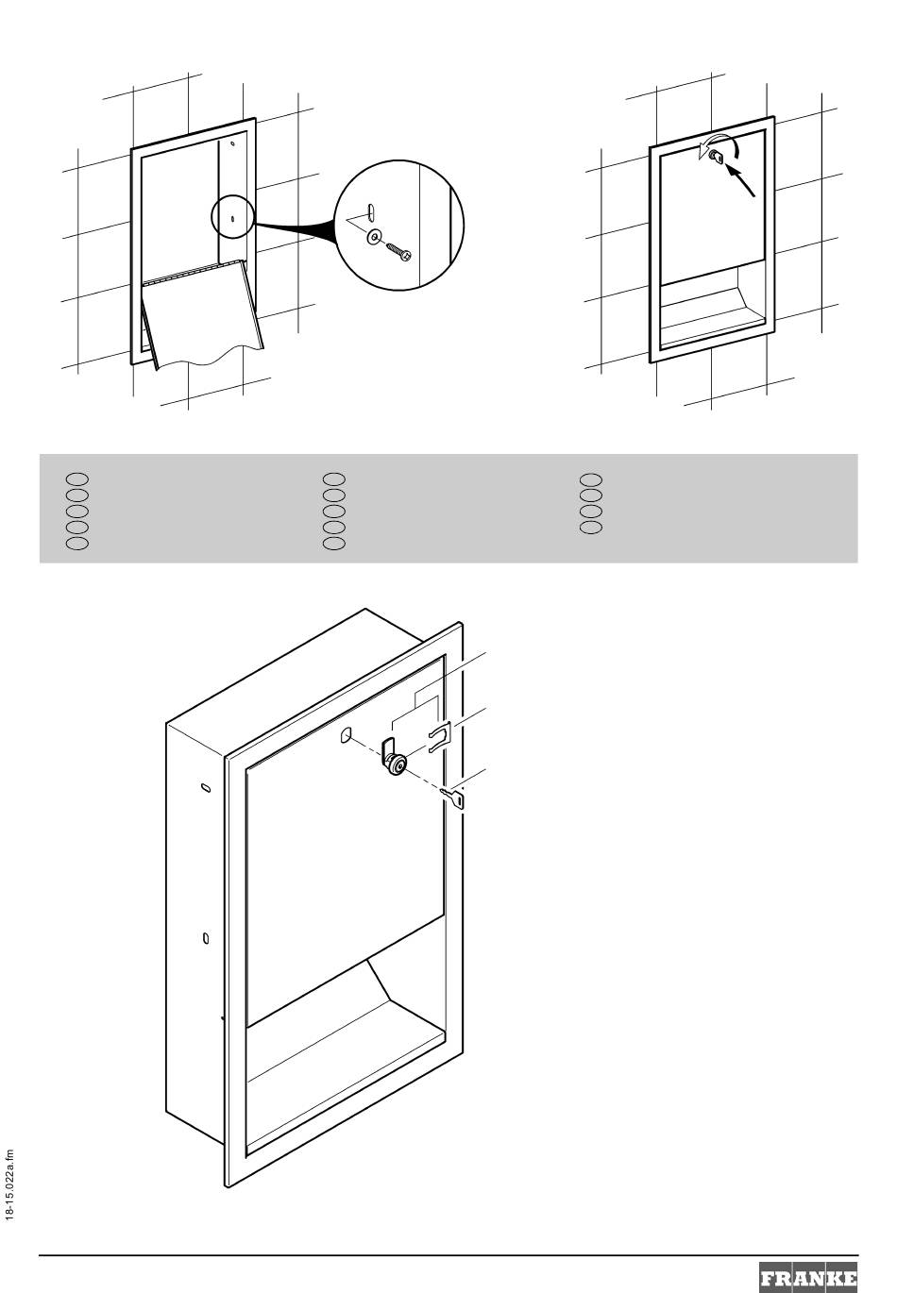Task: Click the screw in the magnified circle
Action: tap(399, 251)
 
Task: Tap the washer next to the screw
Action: tap(374, 236)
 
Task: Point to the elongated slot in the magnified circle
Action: tap(371, 211)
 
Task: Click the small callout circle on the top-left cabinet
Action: tap(232, 217)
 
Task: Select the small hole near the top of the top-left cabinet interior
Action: tap(232, 143)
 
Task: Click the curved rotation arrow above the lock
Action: tap(719, 143)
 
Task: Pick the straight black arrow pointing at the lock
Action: tap(740, 180)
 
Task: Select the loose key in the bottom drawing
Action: tap(452, 798)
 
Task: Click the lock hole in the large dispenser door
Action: tap(346, 735)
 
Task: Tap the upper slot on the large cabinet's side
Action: tap(206, 787)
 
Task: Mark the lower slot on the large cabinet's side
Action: tap(206, 938)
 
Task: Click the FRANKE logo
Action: tap(808, 1277)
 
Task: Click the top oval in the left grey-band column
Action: tap(76, 479)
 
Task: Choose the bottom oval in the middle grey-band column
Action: tap(334, 544)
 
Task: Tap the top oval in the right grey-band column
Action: tap(591, 479)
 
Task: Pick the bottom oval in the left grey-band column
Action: tap(76, 544)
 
